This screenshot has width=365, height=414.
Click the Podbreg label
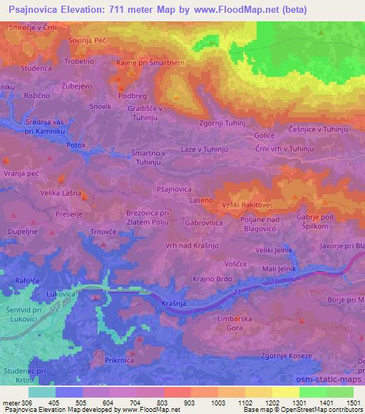(x=133, y=94)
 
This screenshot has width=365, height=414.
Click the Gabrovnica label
(x=205, y=222)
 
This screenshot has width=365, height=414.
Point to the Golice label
(x=264, y=134)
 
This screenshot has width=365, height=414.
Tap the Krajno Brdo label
(x=212, y=279)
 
